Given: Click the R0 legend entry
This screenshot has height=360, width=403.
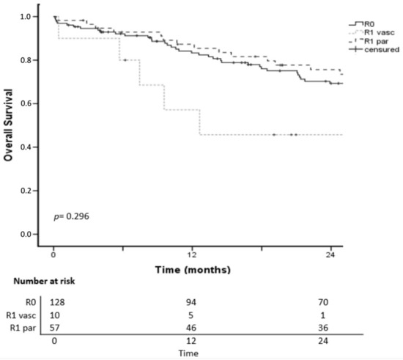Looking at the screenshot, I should pos(362,24).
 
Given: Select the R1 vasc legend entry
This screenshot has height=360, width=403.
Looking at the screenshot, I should pos(369,33).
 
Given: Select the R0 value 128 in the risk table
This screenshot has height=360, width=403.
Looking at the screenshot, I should pos(56,301).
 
